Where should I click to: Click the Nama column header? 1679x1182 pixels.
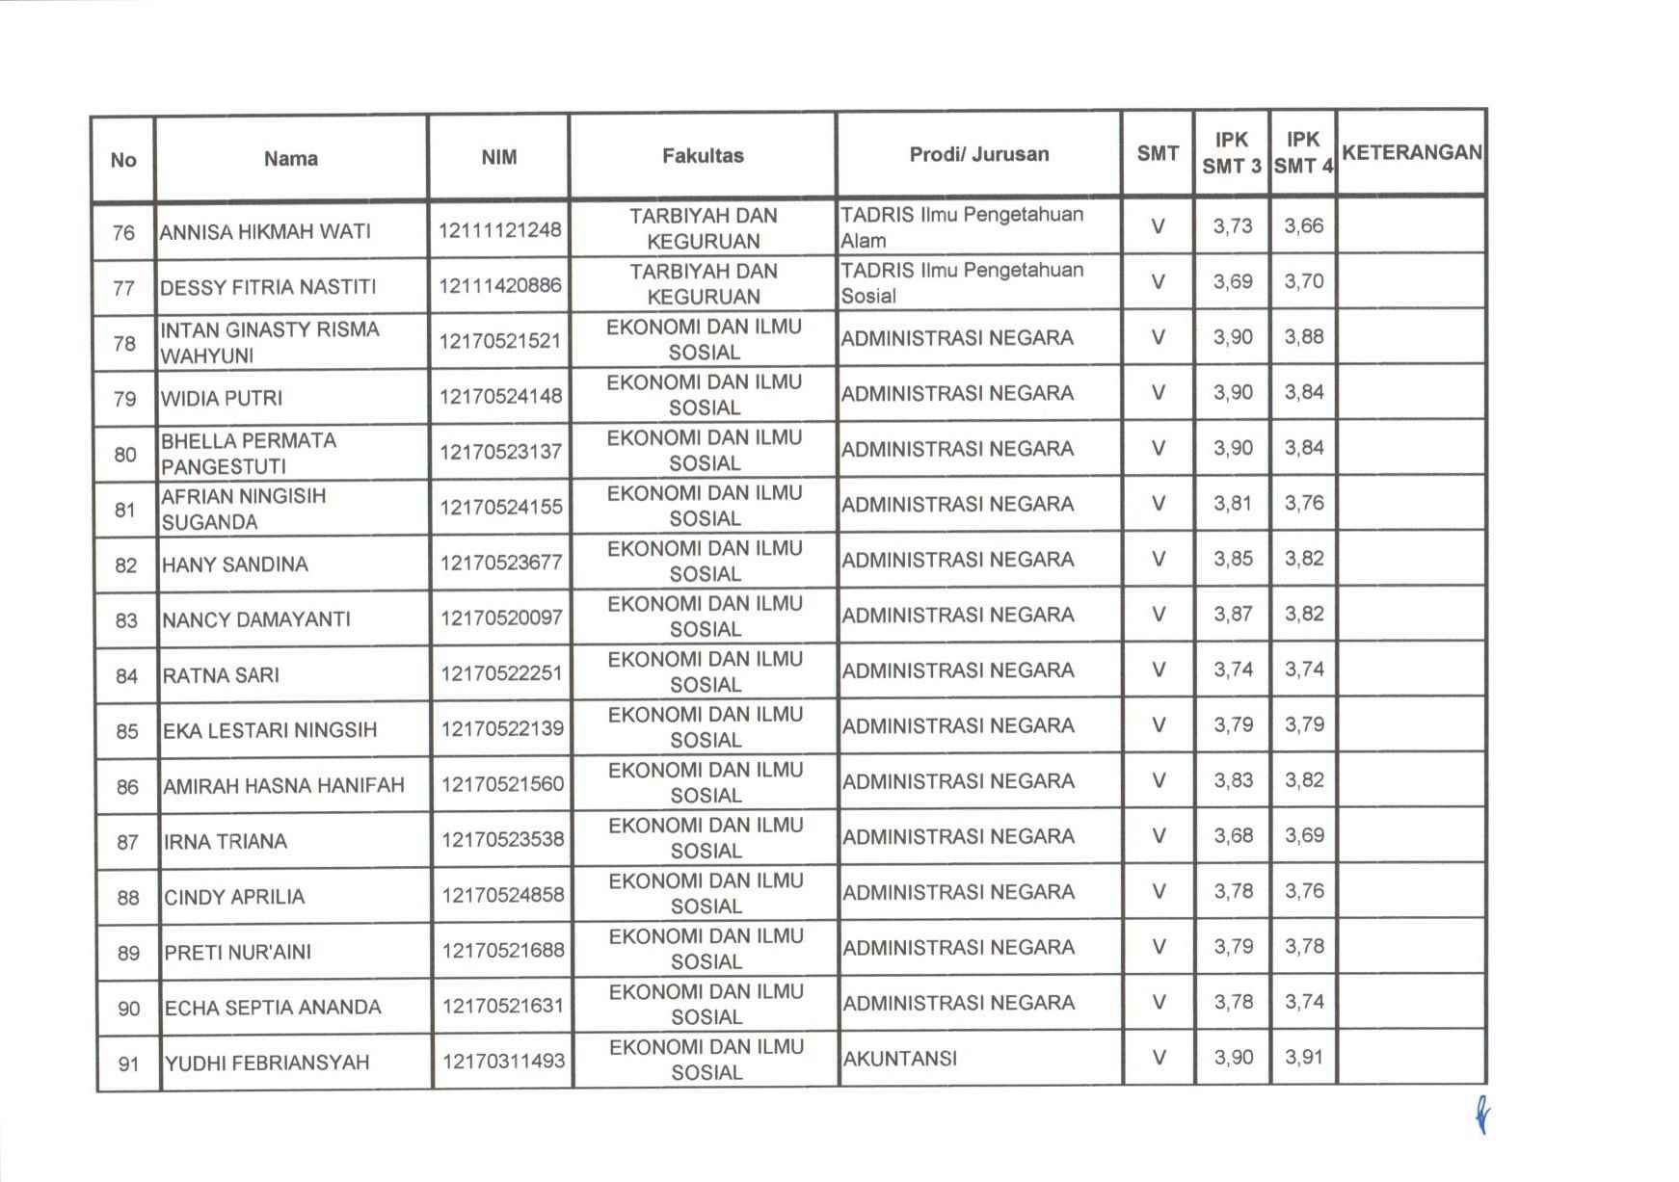coord(291,159)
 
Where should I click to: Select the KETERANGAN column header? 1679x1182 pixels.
coord(1411,153)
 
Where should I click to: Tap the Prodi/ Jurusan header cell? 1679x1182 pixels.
coord(978,154)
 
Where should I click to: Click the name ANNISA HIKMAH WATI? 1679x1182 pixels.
coord(265,231)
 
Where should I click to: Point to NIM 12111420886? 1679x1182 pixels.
coord(499,285)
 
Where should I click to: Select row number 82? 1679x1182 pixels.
coord(126,565)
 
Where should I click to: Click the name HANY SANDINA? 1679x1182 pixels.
coord(235,565)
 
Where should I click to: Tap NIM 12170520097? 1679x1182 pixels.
coord(501,617)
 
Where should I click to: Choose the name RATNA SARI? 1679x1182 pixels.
coord(221,675)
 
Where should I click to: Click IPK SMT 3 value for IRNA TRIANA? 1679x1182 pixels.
coord(1233,835)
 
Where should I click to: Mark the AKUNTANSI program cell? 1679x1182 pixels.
coord(900,1059)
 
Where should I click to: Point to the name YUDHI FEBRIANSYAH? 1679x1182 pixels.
coord(267,1063)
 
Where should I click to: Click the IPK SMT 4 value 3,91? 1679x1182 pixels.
coord(1304,1057)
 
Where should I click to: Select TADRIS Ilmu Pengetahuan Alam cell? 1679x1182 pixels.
coord(962,227)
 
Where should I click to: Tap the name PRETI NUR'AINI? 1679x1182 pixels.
coord(238,952)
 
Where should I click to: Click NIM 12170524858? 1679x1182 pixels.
coord(503,895)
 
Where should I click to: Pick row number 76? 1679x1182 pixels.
coord(123,232)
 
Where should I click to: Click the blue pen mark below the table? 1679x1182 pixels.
coord(1482,1116)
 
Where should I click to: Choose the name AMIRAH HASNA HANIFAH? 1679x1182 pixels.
coord(283,785)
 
